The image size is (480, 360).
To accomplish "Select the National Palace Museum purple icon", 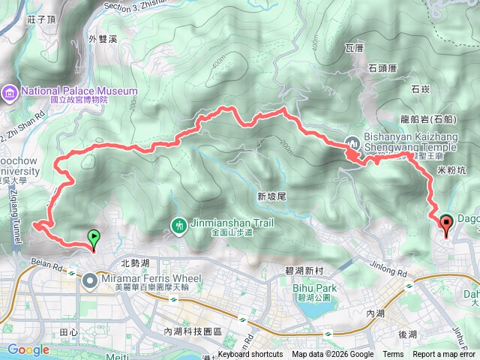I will coord(10,92).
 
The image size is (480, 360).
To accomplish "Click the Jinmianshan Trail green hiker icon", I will coord(179,223).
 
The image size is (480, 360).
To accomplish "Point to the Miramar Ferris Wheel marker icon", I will coord(90,280).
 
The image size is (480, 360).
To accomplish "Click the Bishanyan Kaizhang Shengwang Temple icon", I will coord(353,142).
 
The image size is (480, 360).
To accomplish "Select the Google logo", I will coord(28,349).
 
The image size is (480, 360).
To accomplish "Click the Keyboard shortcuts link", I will coord(250,355).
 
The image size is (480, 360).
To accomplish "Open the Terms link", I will coord(393,355).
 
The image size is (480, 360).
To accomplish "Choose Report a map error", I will coord(445,355).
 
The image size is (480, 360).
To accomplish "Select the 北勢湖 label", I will coord(135,263).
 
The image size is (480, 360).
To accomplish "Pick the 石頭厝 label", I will coord(386,68).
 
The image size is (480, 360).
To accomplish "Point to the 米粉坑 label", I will coord(451,170).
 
